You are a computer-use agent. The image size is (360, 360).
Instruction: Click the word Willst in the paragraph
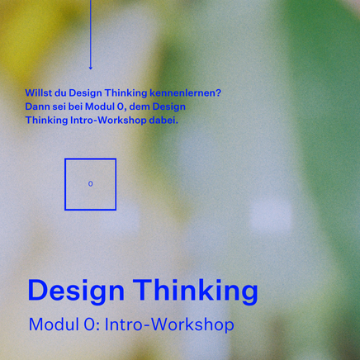pos(38,92)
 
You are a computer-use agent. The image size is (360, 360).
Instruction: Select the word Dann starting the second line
pos(37,107)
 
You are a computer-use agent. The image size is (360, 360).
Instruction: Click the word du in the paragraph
pos(59,92)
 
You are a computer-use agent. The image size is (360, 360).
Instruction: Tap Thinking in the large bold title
pos(196,291)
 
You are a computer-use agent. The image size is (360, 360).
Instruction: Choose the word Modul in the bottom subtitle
pos(53,324)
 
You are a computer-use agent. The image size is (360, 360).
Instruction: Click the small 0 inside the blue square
pos(90,184)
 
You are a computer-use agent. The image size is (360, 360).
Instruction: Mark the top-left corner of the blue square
pos(65,159)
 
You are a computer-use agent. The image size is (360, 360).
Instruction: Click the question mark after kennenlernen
pos(219,92)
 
